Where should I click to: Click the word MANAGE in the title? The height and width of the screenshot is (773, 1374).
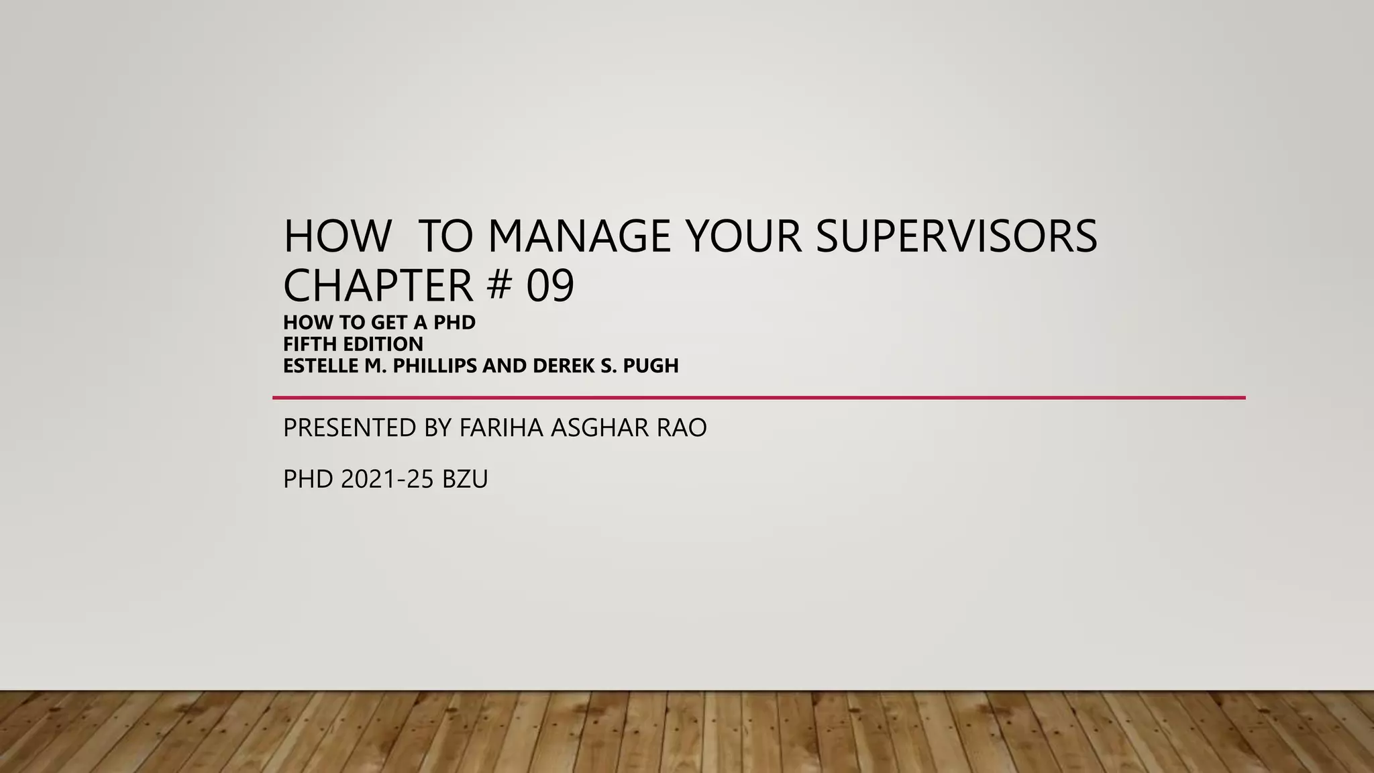pos(579,236)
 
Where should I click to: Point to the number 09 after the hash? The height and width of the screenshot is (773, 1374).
pos(550,286)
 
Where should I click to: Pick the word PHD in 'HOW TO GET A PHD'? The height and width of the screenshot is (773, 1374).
pos(454,323)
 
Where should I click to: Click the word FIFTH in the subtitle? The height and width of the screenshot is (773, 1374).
pos(312,344)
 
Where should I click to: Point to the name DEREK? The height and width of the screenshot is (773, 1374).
pos(560,366)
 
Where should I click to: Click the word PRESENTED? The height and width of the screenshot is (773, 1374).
pos(350,428)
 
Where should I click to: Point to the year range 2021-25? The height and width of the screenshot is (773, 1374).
pos(387,480)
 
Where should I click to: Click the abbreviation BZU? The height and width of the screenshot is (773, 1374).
pos(465,480)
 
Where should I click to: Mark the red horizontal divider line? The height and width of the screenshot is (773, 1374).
pos(758,398)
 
